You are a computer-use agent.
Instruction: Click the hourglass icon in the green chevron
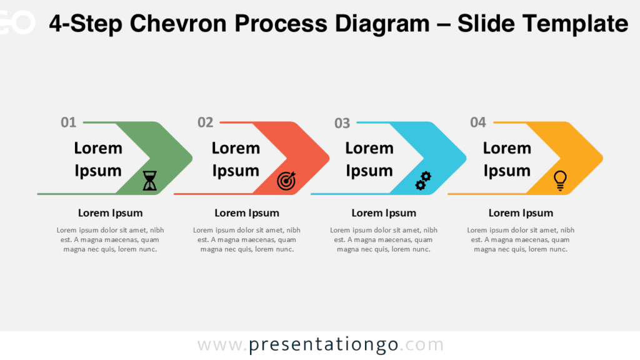pyautogui.click(x=150, y=181)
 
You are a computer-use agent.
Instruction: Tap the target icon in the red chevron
pyautogui.click(x=286, y=181)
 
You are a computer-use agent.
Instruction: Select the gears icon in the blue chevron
pyautogui.click(x=423, y=181)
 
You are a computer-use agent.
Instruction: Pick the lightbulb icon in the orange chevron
pyautogui.click(x=561, y=181)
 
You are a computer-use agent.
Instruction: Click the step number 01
pyautogui.click(x=68, y=122)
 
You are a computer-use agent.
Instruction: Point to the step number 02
pyautogui.click(x=205, y=122)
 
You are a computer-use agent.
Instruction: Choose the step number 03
pyautogui.click(x=342, y=123)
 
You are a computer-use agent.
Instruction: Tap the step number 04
pyautogui.click(x=478, y=122)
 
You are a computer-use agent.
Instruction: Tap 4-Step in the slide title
pyautogui.click(x=85, y=24)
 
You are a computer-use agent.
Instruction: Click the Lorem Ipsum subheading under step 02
pyautogui.click(x=247, y=213)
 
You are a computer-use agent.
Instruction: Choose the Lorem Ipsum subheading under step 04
pyautogui.click(x=521, y=213)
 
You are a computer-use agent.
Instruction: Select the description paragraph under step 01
pyautogui.click(x=110, y=239)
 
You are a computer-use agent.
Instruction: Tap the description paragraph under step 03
pyautogui.click(x=384, y=239)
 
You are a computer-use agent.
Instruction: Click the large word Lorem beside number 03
pyautogui.click(x=369, y=148)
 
